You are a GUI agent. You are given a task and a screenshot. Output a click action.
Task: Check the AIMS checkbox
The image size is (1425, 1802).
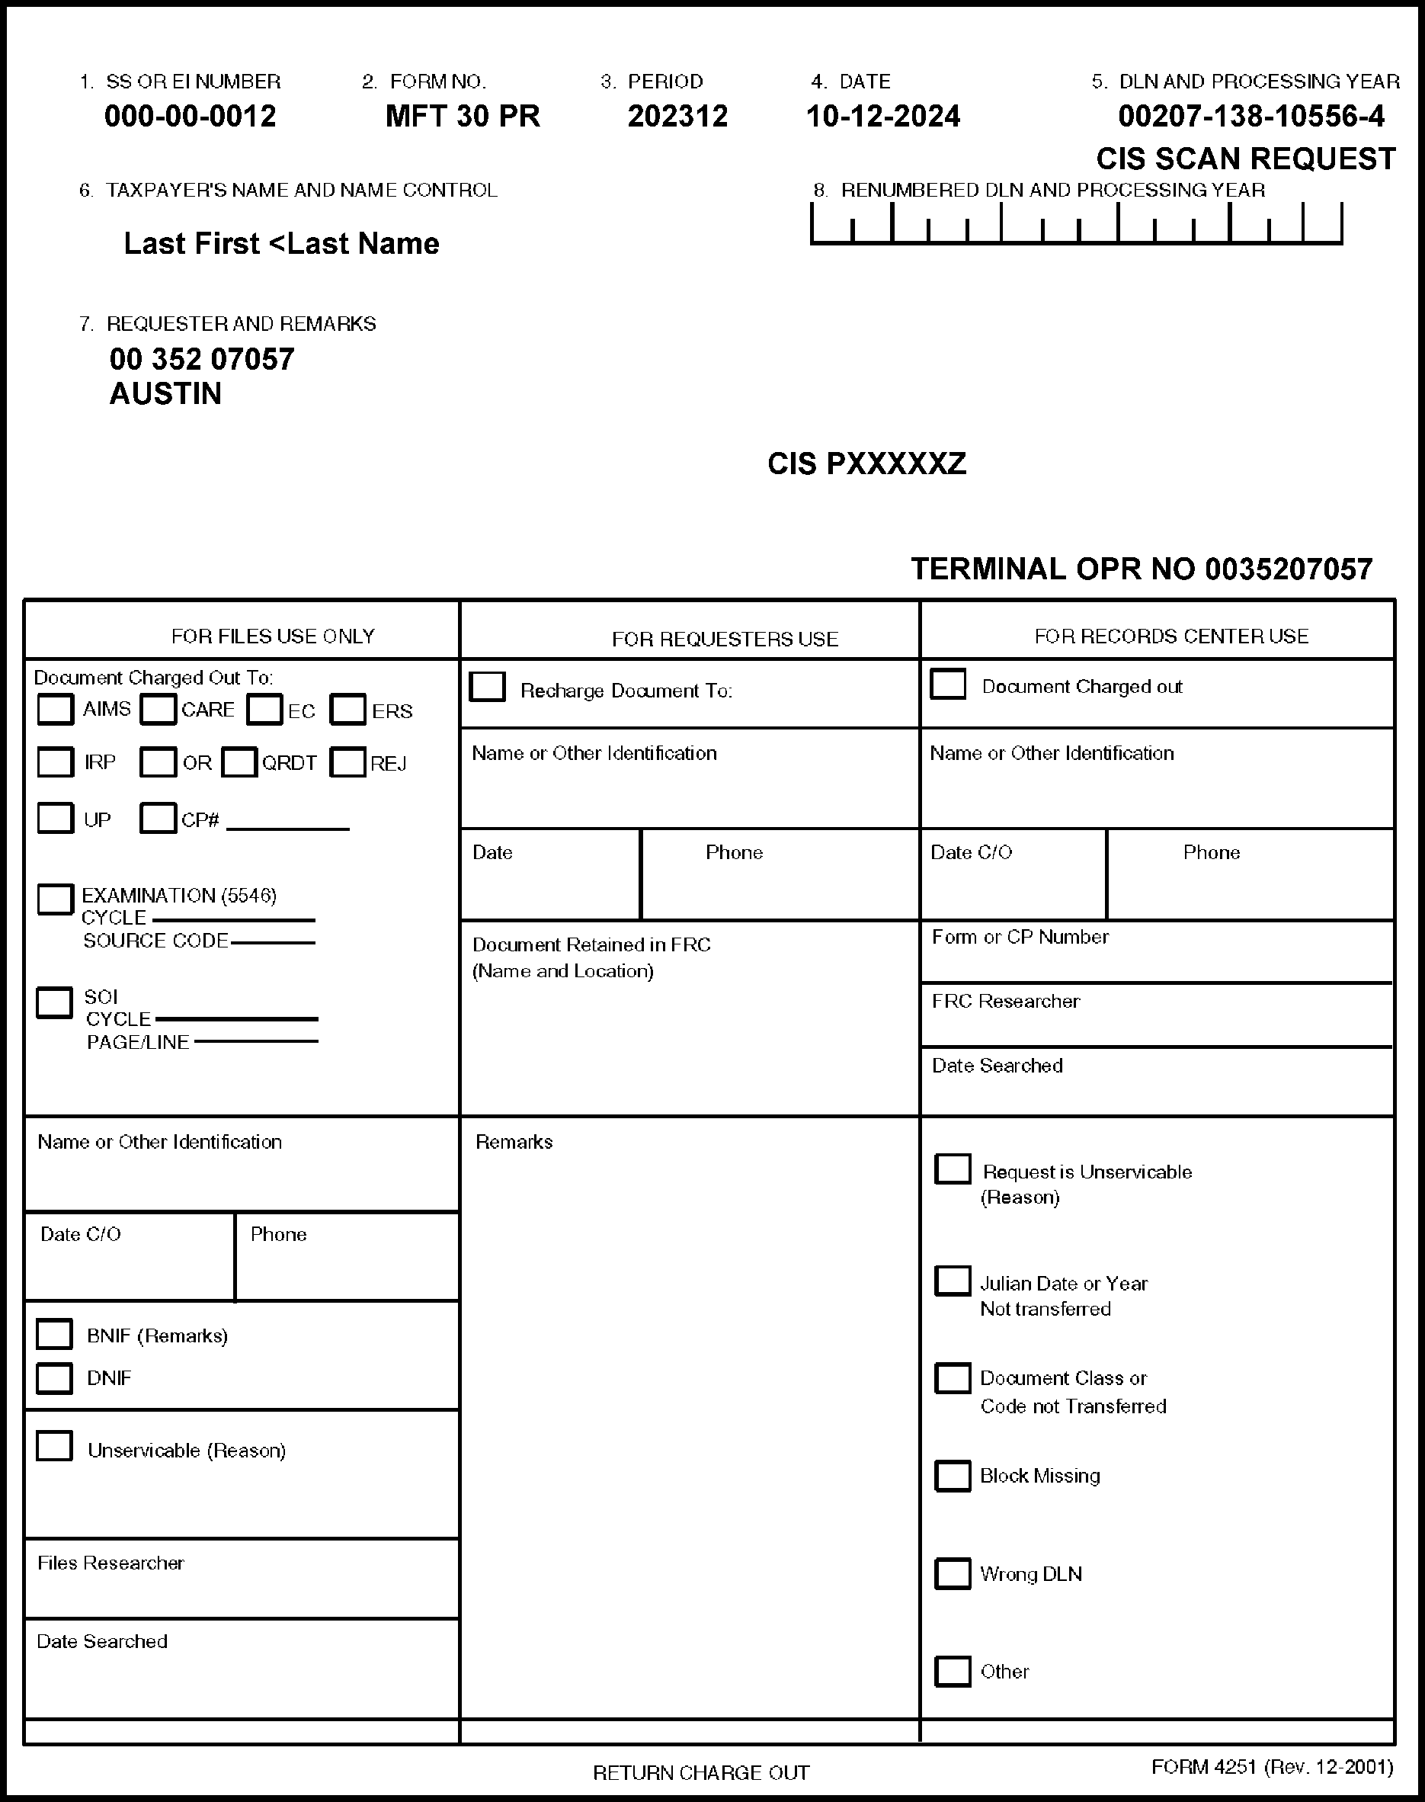point(55,710)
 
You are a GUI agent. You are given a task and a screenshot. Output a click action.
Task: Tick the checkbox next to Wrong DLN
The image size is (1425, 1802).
point(952,1573)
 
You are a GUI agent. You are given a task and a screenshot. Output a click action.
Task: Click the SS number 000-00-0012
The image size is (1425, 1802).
point(191,116)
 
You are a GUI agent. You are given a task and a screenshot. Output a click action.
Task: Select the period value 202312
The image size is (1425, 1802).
point(677,116)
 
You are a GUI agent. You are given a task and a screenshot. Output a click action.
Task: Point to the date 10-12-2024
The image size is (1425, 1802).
point(882,116)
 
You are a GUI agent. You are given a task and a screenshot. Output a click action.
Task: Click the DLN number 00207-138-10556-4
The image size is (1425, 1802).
point(1250,116)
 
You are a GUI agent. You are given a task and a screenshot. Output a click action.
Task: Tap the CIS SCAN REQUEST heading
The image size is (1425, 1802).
point(1246,159)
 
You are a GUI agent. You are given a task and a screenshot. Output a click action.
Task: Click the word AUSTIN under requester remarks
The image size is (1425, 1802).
point(165,394)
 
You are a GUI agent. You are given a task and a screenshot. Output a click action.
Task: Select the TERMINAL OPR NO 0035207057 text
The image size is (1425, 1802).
point(1142,569)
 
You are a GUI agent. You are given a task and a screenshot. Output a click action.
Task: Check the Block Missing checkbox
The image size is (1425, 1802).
point(952,1476)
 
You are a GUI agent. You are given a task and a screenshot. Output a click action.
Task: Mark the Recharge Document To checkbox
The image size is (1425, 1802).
point(487,687)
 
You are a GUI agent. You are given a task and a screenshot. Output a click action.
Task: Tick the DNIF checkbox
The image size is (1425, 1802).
point(54,1378)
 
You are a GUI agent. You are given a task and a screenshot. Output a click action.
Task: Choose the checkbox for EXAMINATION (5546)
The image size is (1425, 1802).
point(55,899)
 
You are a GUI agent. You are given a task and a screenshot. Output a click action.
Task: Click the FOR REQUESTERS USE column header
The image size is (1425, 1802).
point(724,640)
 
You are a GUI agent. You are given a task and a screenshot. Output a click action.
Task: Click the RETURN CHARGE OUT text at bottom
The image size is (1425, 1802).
point(701,1773)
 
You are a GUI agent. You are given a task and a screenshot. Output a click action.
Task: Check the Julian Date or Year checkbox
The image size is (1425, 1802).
point(952,1281)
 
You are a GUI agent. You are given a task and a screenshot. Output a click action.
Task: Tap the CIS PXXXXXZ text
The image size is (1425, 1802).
point(867,464)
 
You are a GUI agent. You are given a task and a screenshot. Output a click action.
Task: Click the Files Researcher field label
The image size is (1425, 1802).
point(111,1563)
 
